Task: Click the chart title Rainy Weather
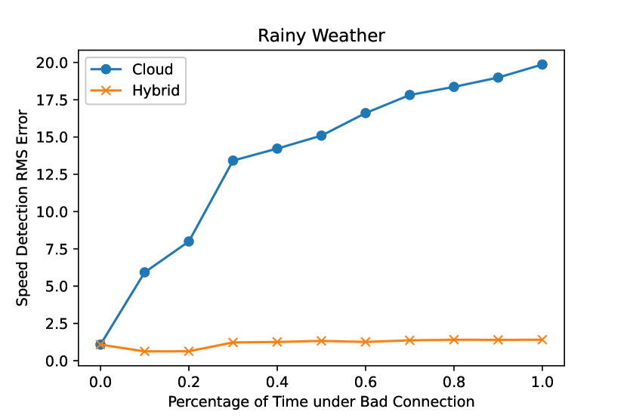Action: click(x=321, y=36)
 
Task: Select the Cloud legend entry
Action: click(x=132, y=69)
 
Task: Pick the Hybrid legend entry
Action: click(x=135, y=91)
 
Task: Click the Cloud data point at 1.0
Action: click(x=542, y=65)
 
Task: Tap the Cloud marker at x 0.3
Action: click(x=233, y=161)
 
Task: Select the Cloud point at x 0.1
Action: click(x=144, y=272)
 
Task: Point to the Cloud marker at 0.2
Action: click(x=189, y=241)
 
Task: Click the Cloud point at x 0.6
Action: click(x=366, y=113)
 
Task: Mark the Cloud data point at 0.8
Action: click(x=454, y=87)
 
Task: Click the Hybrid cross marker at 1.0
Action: click(x=542, y=340)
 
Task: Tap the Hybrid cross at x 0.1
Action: click(x=144, y=352)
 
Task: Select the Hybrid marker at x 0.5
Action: click(x=321, y=341)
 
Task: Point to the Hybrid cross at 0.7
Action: click(x=409, y=340)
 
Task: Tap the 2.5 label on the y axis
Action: click(x=58, y=324)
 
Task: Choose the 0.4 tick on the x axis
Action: click(x=277, y=382)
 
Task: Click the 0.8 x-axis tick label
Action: click(x=454, y=382)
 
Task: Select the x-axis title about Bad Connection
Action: click(x=321, y=401)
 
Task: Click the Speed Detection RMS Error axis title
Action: click(x=22, y=208)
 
